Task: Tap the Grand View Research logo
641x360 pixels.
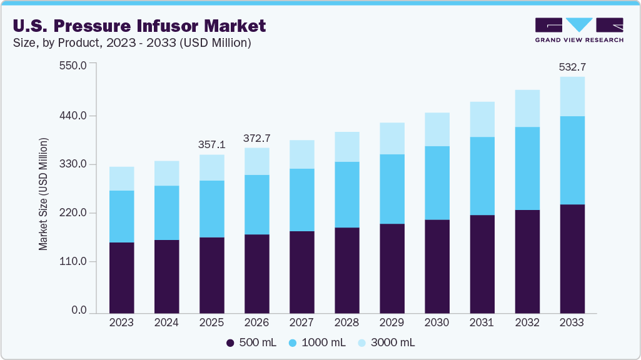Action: [579, 30]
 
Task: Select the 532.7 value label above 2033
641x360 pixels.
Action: [572, 67]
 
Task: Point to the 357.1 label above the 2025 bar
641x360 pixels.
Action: [211, 144]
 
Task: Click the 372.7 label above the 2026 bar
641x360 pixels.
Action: [256, 137]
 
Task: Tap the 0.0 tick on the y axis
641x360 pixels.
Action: [78, 311]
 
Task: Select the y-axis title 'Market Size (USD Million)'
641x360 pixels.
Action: [43, 193]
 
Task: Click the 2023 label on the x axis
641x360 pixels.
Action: [121, 323]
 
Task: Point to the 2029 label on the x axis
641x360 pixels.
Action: [391, 323]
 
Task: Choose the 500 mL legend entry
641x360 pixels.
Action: [251, 342]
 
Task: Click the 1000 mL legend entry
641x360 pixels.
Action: [319, 342]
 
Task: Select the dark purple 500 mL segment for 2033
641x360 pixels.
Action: [572, 259]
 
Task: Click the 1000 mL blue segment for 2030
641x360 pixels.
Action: [437, 183]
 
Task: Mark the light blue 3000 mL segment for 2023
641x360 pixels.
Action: [121, 179]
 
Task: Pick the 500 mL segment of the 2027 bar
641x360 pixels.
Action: [301, 272]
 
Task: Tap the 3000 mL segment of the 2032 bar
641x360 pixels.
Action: [527, 109]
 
